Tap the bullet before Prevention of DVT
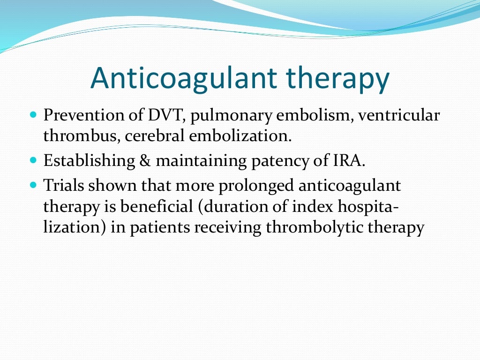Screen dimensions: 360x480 (x=32, y=114)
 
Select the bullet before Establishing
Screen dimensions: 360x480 (x=32, y=160)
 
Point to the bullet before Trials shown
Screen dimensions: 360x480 (x=32, y=185)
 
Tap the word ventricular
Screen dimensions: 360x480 (x=398, y=115)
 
